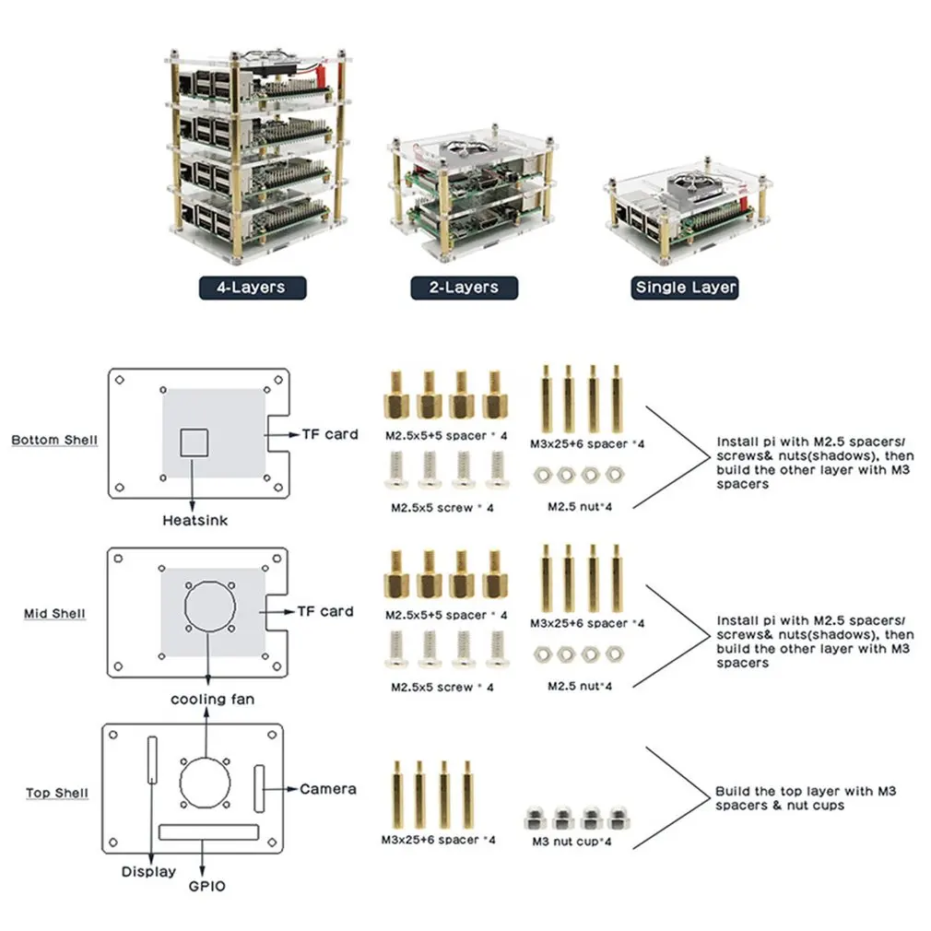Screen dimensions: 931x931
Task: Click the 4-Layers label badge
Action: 251,288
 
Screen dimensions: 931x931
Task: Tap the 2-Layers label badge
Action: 464,288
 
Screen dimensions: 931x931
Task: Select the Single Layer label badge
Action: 686,288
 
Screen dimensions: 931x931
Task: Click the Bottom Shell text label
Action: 54,440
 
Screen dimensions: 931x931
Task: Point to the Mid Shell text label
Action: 54,614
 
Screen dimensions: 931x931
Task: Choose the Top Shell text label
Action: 57,793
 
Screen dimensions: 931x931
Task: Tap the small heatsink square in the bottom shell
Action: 193,442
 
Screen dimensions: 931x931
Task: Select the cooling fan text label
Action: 212,700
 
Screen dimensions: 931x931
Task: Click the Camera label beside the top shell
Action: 328,789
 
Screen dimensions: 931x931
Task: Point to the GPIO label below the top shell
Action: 206,887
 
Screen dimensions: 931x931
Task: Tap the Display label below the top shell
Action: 148,872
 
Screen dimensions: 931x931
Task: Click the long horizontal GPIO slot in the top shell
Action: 208,832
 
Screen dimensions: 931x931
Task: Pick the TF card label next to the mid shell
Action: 325,611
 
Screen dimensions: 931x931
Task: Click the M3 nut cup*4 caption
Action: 572,842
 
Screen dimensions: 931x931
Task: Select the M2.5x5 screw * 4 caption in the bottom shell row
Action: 442,508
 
